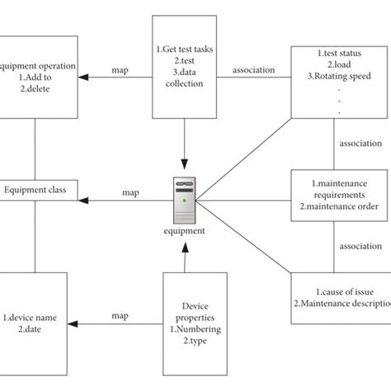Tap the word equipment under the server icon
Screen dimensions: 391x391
pyautogui.click(x=184, y=231)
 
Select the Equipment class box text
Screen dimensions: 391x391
pyautogui.click(x=34, y=188)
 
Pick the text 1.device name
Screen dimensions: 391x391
pyautogui.click(x=34, y=317)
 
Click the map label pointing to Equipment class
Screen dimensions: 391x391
pyautogui.click(x=130, y=193)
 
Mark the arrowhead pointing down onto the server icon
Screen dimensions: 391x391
pyautogui.click(x=184, y=170)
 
